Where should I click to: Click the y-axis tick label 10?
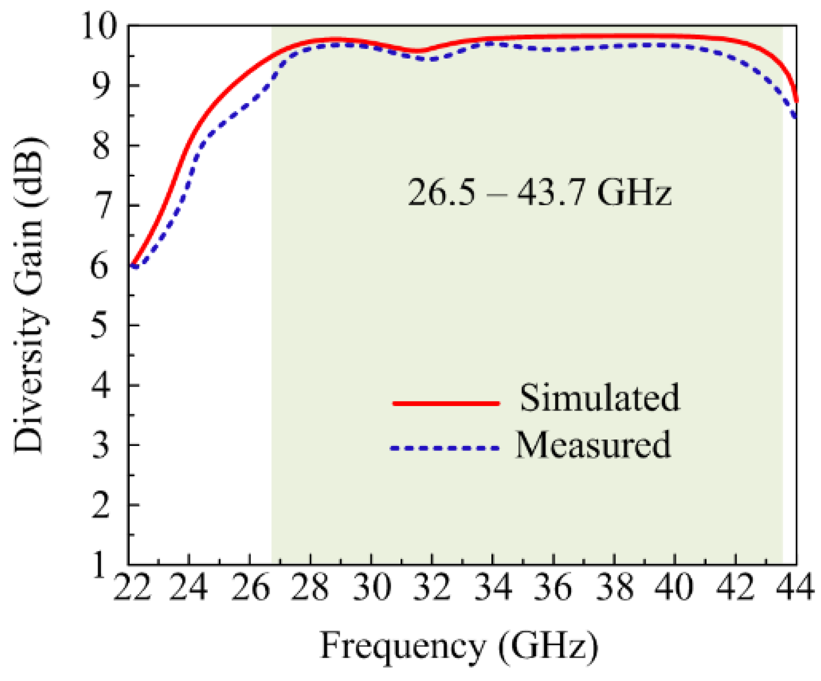(100, 26)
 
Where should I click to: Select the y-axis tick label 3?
(100, 445)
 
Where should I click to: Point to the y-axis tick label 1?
(100, 565)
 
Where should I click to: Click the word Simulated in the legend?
(599, 399)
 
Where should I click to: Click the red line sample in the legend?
(446, 403)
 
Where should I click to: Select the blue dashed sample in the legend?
(444, 448)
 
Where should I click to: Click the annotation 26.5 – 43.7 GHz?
(539, 192)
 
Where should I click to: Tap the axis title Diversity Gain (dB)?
(28, 295)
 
